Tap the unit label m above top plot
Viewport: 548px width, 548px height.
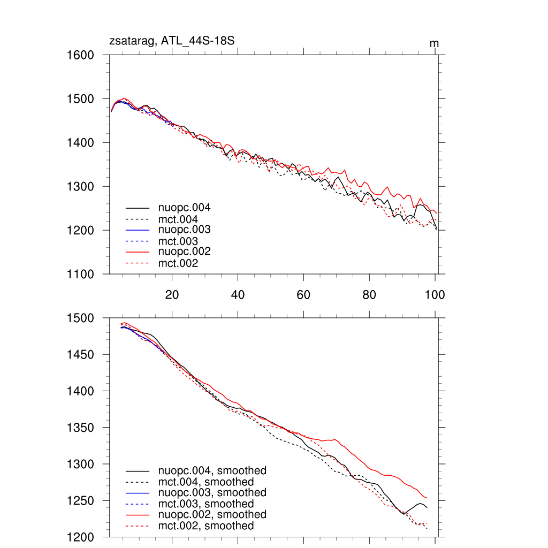(435, 43)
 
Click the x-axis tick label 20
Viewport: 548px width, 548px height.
(172, 294)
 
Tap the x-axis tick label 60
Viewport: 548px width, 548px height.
(303, 294)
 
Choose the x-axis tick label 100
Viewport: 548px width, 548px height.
(434, 294)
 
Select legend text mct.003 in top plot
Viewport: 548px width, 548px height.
(178, 241)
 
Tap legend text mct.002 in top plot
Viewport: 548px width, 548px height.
(178, 263)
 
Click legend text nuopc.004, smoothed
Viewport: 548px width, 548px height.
(212, 471)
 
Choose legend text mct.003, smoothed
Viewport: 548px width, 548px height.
(206, 504)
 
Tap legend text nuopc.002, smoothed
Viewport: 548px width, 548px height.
(212, 514)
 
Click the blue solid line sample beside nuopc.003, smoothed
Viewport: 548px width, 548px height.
(137, 493)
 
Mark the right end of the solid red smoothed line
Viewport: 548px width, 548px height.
(427, 498)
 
